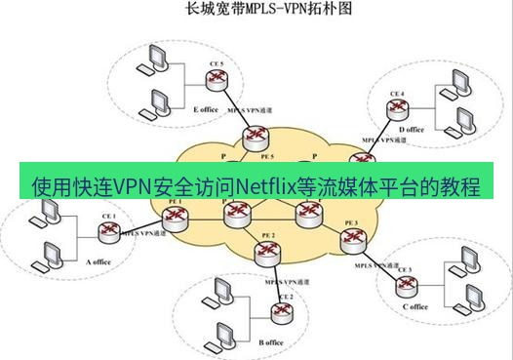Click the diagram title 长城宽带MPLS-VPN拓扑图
click(256, 11)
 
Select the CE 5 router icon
click(217, 79)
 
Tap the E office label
click(206, 109)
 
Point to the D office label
click(412, 129)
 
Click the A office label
click(101, 260)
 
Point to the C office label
click(414, 306)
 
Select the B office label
click(271, 342)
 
